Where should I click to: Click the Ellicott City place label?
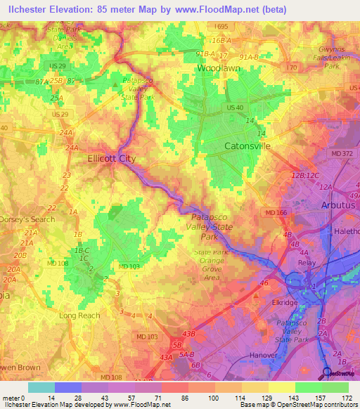pyautogui.click(x=111, y=159)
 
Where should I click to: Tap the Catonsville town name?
pyautogui.click(x=247, y=146)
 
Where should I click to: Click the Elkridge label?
pyautogui.click(x=285, y=302)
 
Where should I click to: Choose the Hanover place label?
pyautogui.click(x=264, y=355)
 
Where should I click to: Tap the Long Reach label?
pyautogui.click(x=79, y=316)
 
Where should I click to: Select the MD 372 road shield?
pyautogui.click(x=342, y=153)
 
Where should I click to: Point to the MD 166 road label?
pyautogui.click(x=276, y=212)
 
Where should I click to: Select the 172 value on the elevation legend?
pyautogui.click(x=347, y=398)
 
